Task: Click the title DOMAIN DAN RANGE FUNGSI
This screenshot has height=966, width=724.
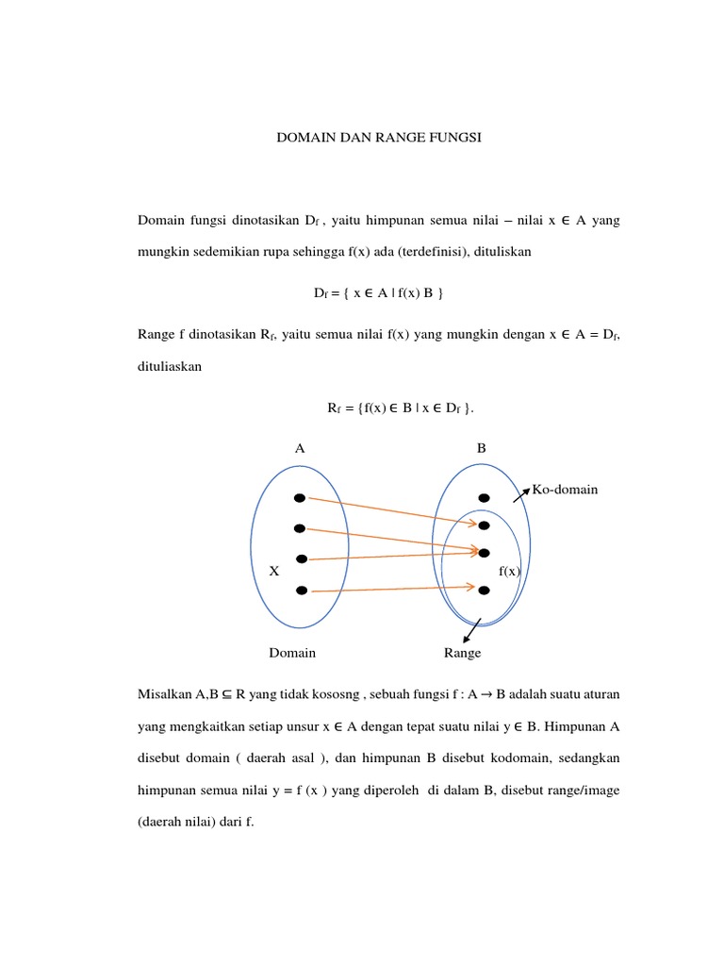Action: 378,138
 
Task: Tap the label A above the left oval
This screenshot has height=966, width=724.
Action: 300,449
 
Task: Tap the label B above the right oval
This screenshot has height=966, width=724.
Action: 481,449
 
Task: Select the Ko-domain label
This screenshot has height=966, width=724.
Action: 565,490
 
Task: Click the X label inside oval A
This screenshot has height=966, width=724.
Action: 274,572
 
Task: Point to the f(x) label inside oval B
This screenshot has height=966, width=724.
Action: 510,572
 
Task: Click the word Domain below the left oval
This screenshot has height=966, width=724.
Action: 292,653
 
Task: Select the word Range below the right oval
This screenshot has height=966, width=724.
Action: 462,653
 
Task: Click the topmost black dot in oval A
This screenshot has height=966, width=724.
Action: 300,498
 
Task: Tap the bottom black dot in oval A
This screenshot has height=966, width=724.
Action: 302,591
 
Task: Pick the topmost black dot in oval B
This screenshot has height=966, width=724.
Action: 484,498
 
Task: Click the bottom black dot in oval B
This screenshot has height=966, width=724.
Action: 484,591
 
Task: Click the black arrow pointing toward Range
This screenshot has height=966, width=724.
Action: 472,630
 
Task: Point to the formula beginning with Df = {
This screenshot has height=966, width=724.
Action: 378,293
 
